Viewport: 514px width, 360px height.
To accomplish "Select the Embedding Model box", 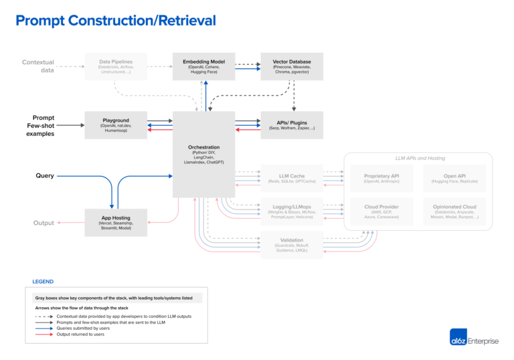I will [x=203, y=66].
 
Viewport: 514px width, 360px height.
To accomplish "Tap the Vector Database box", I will [x=292, y=66].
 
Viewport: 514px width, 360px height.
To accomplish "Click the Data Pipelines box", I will [x=115, y=66].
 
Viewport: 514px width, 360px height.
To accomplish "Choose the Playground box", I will [x=115, y=125].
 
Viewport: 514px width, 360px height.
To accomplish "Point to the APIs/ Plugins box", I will [x=292, y=125].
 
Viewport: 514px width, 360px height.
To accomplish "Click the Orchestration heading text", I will [x=203, y=147].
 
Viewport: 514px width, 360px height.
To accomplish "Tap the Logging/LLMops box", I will [x=292, y=211].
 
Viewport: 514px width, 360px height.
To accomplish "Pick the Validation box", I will [x=292, y=244].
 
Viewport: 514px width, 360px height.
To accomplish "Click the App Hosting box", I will [x=115, y=222].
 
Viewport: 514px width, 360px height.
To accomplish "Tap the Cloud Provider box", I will [x=381, y=211].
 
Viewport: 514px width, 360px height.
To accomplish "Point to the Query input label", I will [x=45, y=176].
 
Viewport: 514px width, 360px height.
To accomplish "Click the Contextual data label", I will [x=38, y=66].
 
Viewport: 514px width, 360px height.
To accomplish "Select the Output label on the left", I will [x=44, y=223].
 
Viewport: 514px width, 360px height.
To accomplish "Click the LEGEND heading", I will [x=43, y=282].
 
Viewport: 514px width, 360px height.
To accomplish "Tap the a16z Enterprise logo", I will [x=474, y=340].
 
